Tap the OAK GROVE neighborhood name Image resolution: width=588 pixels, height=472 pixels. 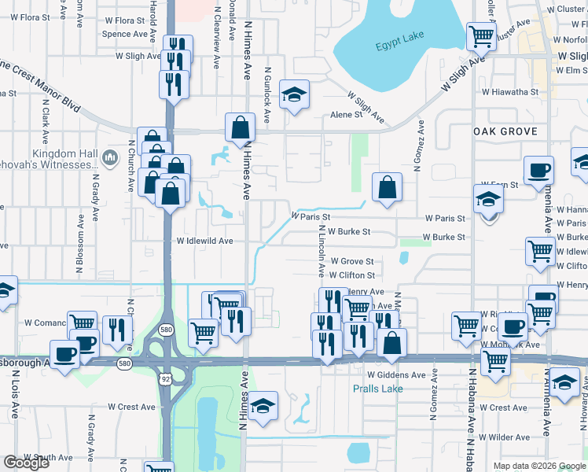505,132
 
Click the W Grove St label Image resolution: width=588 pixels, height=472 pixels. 351,261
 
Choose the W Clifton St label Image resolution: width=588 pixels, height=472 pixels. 351,275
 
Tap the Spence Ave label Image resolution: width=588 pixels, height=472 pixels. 124,35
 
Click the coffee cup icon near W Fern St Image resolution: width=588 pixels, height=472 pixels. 539,170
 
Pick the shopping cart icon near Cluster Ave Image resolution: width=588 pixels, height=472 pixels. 481,35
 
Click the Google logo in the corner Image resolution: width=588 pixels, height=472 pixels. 26,463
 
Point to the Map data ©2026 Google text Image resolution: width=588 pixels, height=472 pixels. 538,466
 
